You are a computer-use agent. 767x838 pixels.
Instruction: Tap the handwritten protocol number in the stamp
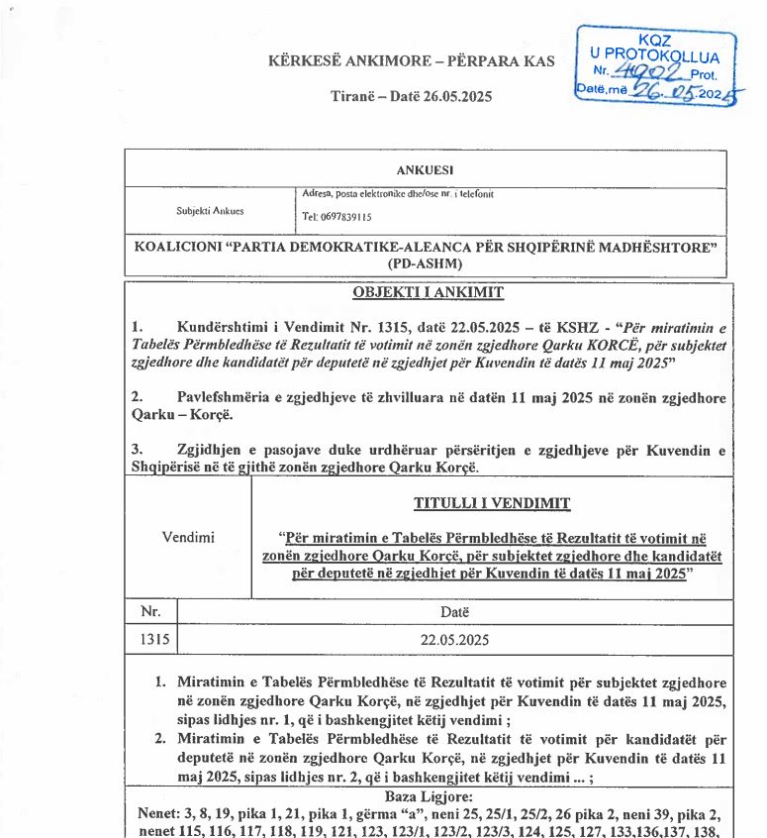[x=648, y=72]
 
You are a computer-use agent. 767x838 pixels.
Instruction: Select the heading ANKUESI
[x=425, y=169]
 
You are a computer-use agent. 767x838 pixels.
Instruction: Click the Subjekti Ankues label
[x=210, y=211]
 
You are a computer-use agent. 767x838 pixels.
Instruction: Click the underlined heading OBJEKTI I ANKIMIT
[x=429, y=292]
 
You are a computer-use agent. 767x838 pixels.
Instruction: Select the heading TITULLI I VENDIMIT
[x=492, y=503]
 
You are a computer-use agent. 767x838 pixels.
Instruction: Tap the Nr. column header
[x=150, y=613]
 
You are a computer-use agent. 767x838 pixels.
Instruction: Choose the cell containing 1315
[x=150, y=640]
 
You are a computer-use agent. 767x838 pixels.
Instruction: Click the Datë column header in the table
[x=454, y=613]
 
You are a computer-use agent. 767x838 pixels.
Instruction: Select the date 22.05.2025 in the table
[x=454, y=640]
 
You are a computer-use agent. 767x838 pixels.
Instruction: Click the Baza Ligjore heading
[x=428, y=794]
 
